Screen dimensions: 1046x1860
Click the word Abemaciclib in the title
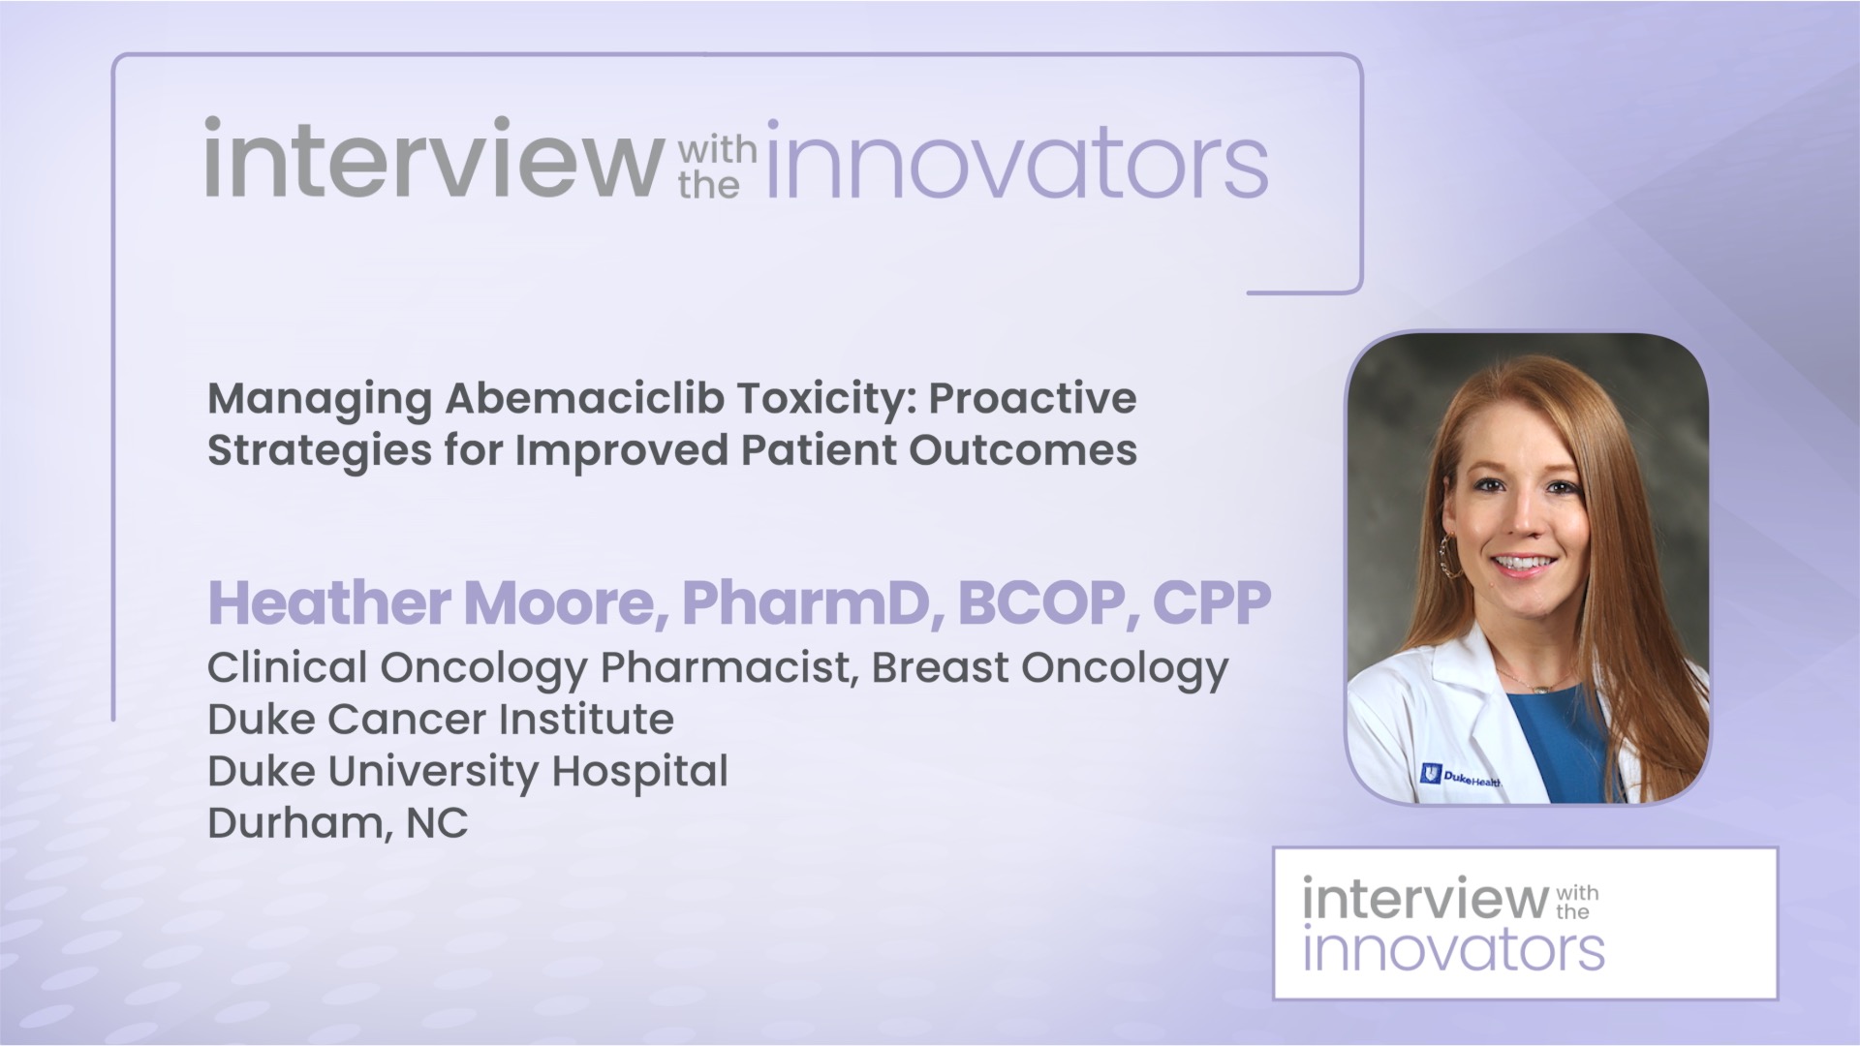pyautogui.click(x=584, y=399)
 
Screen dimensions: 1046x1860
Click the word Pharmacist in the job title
pyautogui.click(x=725, y=668)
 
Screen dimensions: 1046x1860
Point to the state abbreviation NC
pyautogui.click(x=437, y=823)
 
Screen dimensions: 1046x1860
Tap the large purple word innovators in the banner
pyautogui.click(x=1017, y=163)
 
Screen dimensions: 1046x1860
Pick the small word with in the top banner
pyautogui.click(x=717, y=150)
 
